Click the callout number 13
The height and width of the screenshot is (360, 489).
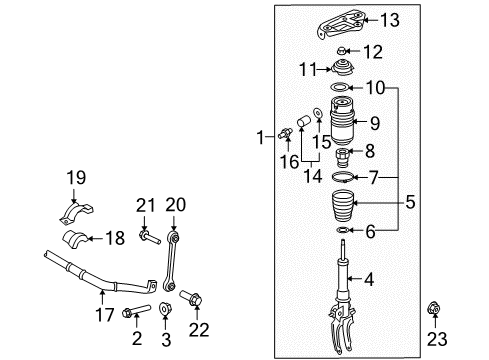390,20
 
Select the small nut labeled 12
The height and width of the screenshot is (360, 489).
341,51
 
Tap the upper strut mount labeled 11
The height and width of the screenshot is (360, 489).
343,69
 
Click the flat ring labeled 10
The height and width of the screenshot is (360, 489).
340,87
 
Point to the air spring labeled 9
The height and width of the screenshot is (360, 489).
342,121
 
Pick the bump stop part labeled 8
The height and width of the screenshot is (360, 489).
343,158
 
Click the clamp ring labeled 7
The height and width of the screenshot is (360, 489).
342,177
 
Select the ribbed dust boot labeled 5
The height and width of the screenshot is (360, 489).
342,205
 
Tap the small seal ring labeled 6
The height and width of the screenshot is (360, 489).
343,230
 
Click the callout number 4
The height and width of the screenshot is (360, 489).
369,279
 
